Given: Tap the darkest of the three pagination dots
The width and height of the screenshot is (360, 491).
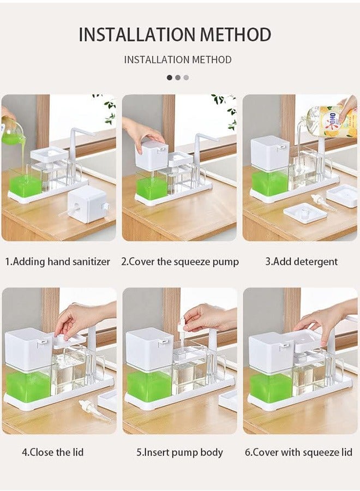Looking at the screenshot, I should [170, 77].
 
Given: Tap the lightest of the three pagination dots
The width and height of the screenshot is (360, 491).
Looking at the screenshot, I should [186, 77].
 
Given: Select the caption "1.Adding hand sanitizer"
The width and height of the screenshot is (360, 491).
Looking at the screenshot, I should [58, 262].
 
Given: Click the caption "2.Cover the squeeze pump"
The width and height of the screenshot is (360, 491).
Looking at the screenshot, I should [180, 262].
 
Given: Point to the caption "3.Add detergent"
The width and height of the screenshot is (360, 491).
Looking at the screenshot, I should [302, 262].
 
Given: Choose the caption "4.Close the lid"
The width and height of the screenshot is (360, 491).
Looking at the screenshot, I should [53, 452].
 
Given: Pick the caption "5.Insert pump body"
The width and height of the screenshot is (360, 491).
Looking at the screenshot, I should [180, 452].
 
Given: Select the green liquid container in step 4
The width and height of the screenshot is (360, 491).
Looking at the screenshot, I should [28, 385].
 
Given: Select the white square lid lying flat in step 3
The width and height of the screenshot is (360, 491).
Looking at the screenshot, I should [304, 212].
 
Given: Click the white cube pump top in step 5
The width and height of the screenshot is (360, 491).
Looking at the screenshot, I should [149, 348].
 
